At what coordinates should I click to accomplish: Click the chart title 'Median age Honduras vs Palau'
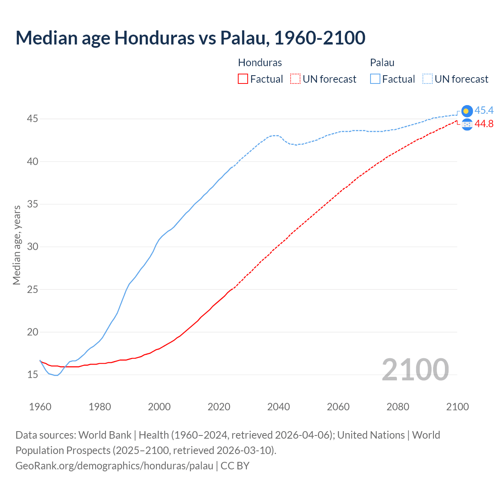190,38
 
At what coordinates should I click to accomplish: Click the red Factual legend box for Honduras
243,79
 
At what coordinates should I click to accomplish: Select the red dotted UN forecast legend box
295,79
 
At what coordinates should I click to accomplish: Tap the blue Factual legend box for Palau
375,79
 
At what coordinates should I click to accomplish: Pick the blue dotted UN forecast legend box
427,79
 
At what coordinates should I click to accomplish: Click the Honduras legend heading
260,63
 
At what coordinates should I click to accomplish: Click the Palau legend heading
382,63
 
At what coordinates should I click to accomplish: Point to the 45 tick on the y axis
32,119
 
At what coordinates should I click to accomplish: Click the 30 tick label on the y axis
32,247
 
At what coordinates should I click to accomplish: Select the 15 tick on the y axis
32,374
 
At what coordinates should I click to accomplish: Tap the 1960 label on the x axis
40,407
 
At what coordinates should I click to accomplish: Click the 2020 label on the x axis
219,407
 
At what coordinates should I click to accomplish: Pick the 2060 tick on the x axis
338,407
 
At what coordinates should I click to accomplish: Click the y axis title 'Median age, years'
17,245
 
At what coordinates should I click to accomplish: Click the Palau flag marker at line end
467,111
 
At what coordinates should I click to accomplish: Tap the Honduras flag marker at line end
467,124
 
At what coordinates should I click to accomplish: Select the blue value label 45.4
484,110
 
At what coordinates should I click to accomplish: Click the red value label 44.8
484,124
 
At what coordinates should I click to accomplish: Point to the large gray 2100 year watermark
415,370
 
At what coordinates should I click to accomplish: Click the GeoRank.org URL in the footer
114,465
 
